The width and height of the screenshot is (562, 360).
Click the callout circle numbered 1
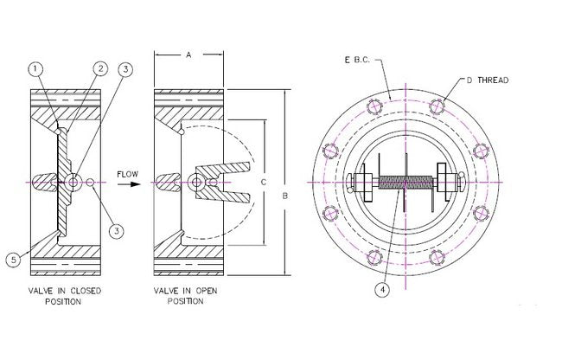pos(35,68)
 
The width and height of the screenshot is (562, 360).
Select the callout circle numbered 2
pos(100,68)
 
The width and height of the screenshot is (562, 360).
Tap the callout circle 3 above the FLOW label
pos(125,69)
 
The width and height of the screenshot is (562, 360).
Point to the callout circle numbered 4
pos(380,291)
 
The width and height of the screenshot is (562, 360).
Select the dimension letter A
pos(188,55)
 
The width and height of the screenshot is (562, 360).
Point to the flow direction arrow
pos(129,184)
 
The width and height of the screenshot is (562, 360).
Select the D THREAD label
pos(488,80)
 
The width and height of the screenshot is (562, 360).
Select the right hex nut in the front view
pos(448,183)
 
